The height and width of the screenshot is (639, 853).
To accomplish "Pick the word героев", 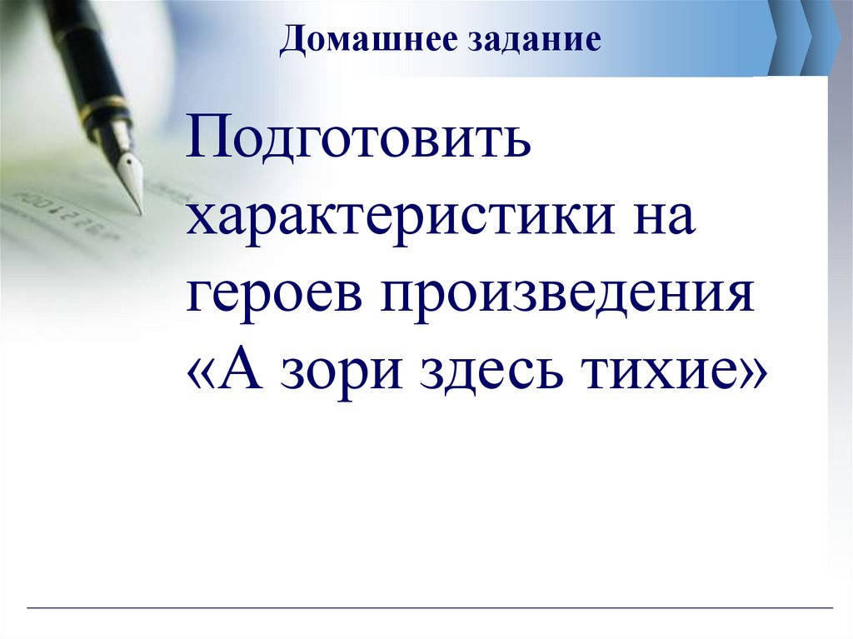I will click(x=274, y=297).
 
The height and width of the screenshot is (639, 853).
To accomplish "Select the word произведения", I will click(x=566, y=297).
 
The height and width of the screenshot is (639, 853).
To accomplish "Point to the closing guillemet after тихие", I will click(x=745, y=375).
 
